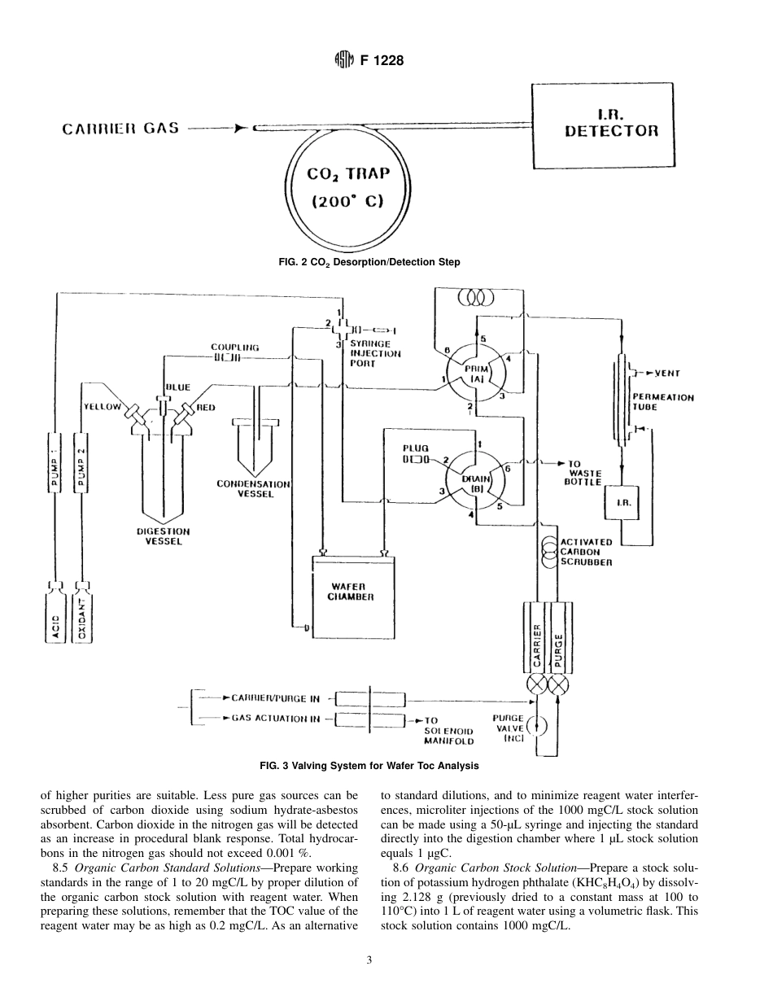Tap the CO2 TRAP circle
pos(347,186)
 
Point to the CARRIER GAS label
pos(121,129)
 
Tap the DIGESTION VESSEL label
pos(163,536)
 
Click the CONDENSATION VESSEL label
pos(252,488)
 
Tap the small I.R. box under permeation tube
pos(623,503)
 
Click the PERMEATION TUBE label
pos(663,402)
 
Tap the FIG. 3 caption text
pos(369,765)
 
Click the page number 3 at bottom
pos(369,961)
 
